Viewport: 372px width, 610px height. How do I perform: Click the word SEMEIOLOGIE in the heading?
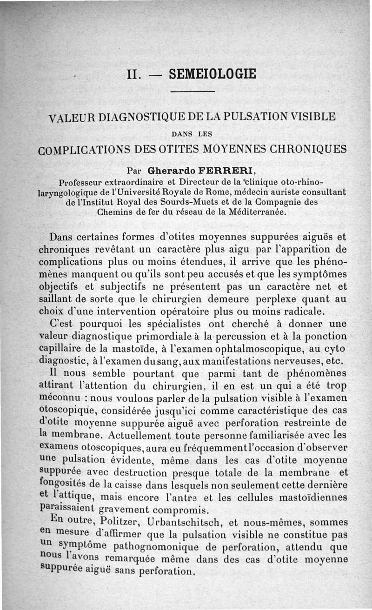pos(213,74)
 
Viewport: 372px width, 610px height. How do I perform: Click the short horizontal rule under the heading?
pos(192,91)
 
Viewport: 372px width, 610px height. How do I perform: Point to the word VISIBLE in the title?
pos(311,116)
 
